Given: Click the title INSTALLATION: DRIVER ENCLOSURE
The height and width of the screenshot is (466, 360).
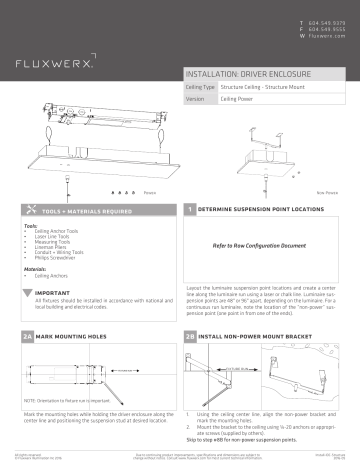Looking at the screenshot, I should point(244,76).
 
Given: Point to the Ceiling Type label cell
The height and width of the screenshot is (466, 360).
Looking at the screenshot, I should point(201,89).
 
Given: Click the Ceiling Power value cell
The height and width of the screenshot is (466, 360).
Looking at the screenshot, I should point(239,101).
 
